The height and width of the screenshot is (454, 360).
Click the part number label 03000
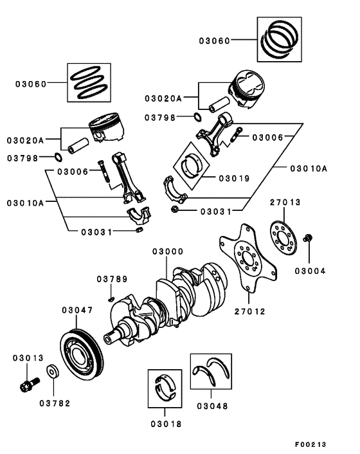(168, 251)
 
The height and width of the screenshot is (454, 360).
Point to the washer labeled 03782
(53, 372)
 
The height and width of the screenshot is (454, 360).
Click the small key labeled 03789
(112, 297)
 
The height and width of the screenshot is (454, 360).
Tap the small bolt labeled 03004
(307, 239)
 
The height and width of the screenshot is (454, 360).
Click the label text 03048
(212, 406)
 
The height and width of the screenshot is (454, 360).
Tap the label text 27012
(249, 311)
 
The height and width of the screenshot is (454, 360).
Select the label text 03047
(78, 310)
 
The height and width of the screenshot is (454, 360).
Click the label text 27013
(285, 202)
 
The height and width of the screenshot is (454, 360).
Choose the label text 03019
(235, 178)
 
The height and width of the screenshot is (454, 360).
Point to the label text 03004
(310, 271)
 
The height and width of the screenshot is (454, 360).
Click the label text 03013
(26, 357)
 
